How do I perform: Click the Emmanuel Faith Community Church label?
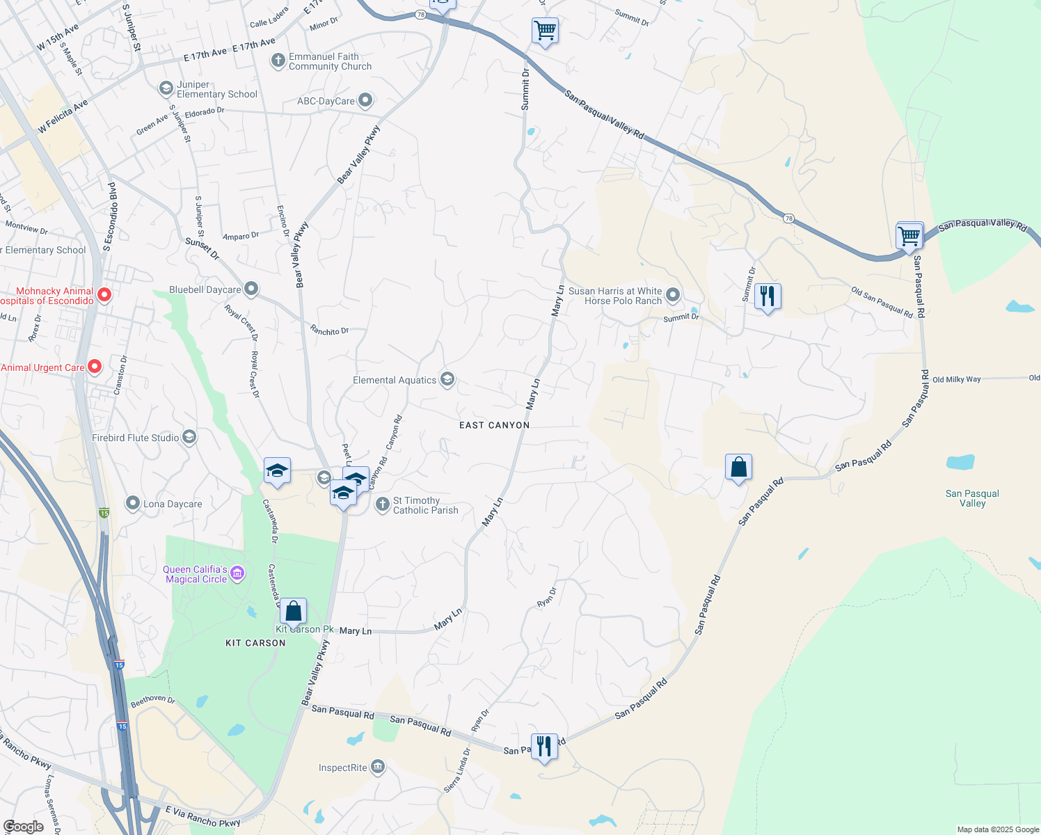pyautogui.click(x=330, y=62)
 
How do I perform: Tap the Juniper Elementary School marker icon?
pyautogui.click(x=166, y=88)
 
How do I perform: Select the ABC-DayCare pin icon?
pyautogui.click(x=365, y=101)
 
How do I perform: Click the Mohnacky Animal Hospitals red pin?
pyautogui.click(x=104, y=295)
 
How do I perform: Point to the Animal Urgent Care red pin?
pyautogui.click(x=95, y=366)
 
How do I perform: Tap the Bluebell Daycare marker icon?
pyautogui.click(x=251, y=289)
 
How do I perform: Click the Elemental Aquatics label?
pyautogui.click(x=395, y=380)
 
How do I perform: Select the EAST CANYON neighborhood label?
pyautogui.click(x=494, y=425)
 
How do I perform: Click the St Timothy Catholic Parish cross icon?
pyautogui.click(x=382, y=504)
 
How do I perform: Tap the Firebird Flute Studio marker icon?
pyautogui.click(x=189, y=437)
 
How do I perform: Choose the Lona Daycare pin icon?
pyautogui.click(x=133, y=503)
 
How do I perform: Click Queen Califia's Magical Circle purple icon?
pyautogui.click(x=237, y=573)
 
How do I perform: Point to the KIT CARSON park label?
pyautogui.click(x=255, y=643)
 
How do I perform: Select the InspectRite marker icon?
pyautogui.click(x=378, y=767)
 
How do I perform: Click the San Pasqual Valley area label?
pyautogui.click(x=972, y=498)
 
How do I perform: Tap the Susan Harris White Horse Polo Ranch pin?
pyautogui.click(x=673, y=295)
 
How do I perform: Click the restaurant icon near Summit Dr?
pyautogui.click(x=767, y=296)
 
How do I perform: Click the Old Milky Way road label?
pyautogui.click(x=956, y=379)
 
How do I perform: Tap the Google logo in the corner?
pyautogui.click(x=23, y=827)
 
